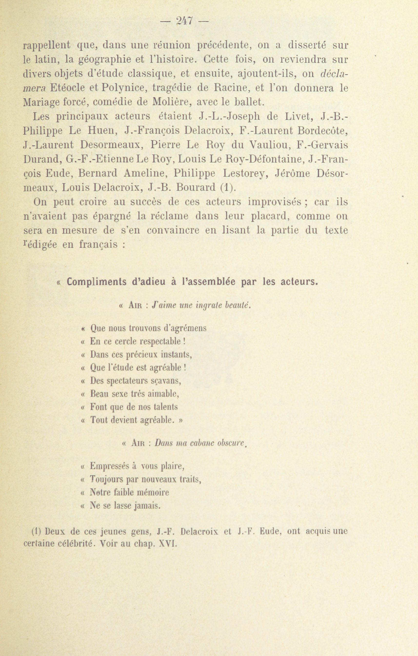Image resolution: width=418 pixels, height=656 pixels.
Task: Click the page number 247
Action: (185, 21)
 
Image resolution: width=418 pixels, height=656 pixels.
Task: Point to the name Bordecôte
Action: (322, 131)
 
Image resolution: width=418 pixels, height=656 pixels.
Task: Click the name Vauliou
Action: (269, 145)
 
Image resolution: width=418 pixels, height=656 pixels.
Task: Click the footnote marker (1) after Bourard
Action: (226, 187)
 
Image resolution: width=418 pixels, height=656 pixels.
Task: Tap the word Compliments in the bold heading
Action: (96, 282)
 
